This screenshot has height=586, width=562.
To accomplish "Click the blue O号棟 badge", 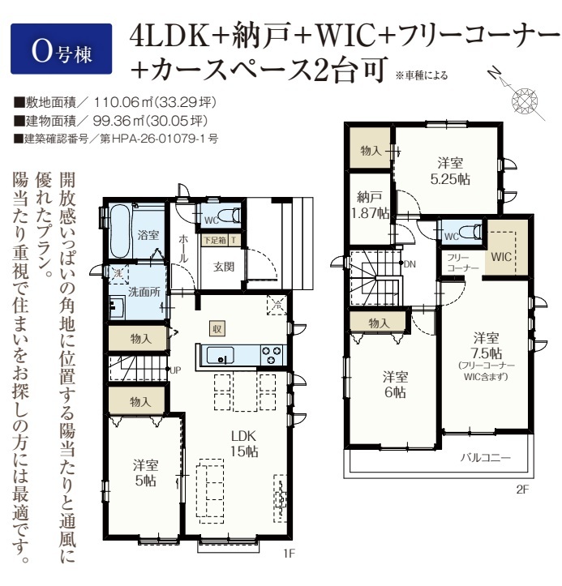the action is pos(62,49).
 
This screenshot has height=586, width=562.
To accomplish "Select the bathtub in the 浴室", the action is pos(120,230).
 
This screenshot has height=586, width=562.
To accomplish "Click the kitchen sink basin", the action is pos(221,355).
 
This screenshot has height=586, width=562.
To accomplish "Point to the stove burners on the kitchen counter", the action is pos(272,355).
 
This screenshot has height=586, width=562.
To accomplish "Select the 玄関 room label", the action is pos(224,267).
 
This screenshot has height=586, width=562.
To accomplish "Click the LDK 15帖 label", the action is pos(243,443).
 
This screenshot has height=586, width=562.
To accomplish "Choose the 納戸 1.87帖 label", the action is pos(370,205).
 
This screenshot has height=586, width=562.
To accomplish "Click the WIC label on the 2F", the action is pos(501,257).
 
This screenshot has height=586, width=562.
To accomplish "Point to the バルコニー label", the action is pos(485,457).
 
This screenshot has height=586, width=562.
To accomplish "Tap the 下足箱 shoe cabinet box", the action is pos(215,240).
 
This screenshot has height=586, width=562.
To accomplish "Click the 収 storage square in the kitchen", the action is pos(217,328).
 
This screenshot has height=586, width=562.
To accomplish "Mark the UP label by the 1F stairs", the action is pos(175,370).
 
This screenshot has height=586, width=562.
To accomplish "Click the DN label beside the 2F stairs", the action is pos(410,264).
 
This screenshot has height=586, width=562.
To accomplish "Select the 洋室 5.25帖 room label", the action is pos(450,171).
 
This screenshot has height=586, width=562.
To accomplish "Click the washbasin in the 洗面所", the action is pos(118,306).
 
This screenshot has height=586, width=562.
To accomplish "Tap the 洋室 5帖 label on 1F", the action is pos(145,473).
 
